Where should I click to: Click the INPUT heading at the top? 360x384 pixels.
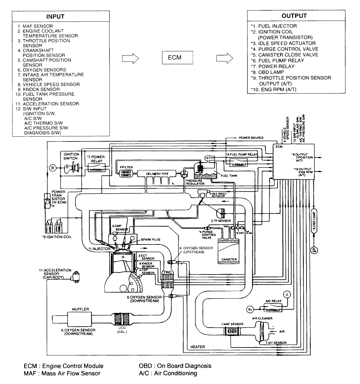click(x=55, y=16)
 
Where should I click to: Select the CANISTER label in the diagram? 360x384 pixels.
click(x=229, y=259)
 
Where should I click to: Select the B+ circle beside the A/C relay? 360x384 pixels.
click(x=250, y=308)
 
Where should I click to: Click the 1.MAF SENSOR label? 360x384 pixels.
click(x=232, y=324)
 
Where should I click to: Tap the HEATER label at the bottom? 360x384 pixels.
click(x=198, y=347)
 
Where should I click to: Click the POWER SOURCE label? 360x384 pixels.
click(x=251, y=138)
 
